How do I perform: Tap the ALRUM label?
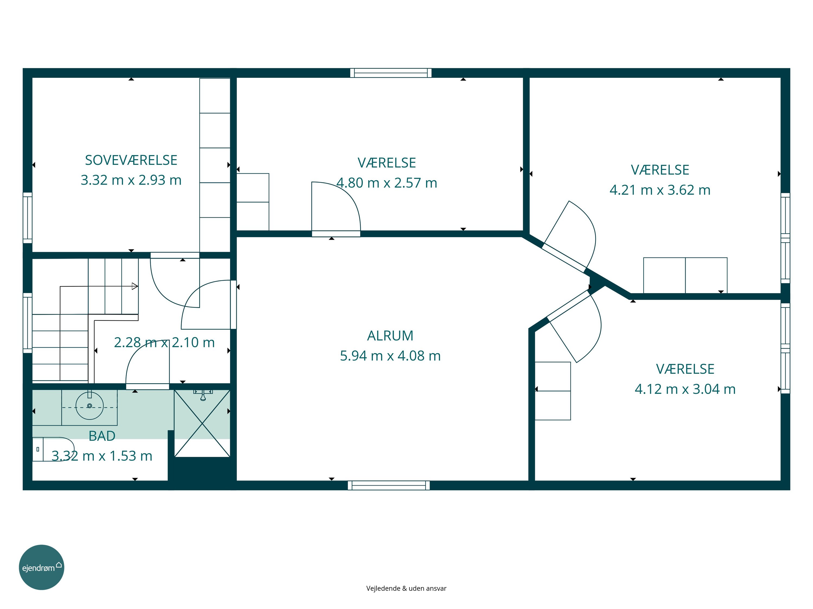(x=390, y=336)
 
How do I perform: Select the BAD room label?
(x=102, y=436)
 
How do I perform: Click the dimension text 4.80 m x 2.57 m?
(x=387, y=183)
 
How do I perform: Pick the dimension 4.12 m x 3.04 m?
(x=685, y=389)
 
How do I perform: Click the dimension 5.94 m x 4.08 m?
(x=390, y=356)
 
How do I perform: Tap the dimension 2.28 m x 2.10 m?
(x=164, y=342)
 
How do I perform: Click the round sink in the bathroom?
(x=89, y=406)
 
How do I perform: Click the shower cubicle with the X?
(x=202, y=423)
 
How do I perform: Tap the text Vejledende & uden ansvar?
(x=406, y=588)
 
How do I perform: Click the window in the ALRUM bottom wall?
(x=389, y=485)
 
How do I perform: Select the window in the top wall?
(x=391, y=73)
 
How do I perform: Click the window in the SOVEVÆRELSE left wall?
(x=28, y=218)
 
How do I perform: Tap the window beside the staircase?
(x=28, y=323)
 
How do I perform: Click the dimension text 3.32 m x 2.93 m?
(x=131, y=180)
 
